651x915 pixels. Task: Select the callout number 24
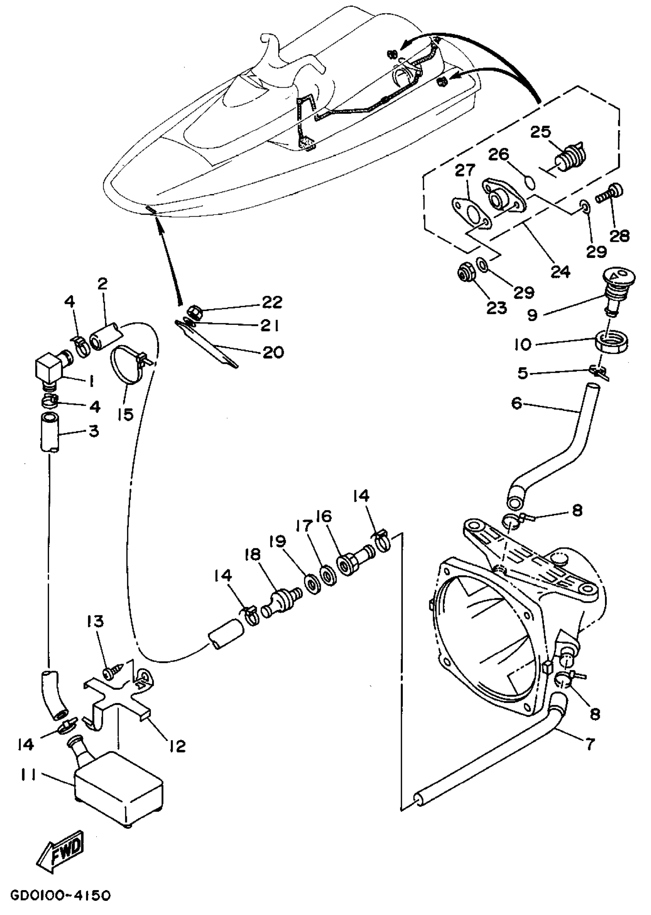[x=560, y=272]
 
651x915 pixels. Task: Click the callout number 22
[x=272, y=302]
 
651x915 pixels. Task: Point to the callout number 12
[x=178, y=746]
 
